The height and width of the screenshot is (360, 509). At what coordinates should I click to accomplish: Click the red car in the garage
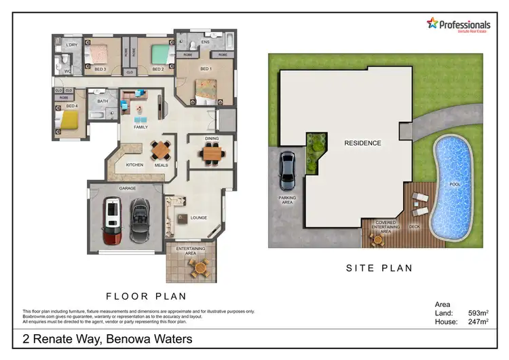(112, 221)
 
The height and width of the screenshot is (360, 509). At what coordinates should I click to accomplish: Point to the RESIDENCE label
(362, 143)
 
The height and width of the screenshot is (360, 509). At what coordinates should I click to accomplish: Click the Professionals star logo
(432, 24)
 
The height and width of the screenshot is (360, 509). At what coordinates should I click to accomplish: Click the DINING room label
(212, 139)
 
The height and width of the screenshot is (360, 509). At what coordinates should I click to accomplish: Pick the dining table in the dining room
(212, 155)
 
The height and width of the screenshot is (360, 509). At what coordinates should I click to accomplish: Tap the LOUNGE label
(200, 218)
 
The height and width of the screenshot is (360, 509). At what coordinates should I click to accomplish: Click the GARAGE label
(128, 187)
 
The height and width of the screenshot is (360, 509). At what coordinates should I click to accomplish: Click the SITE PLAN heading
(379, 268)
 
